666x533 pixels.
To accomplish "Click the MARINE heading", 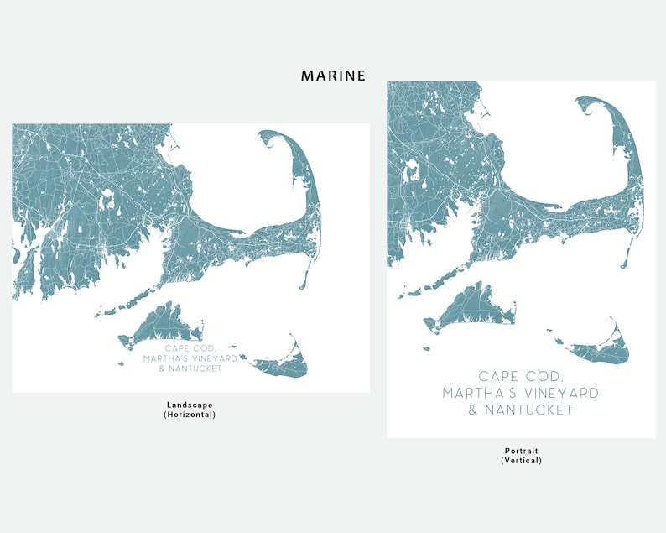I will tap(333, 76).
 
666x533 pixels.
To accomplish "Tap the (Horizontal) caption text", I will tap(190, 415).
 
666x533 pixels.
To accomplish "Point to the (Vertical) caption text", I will tap(521, 460).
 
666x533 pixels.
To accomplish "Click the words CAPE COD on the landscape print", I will tap(190, 348).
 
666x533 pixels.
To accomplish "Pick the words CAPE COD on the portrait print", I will tap(521, 377).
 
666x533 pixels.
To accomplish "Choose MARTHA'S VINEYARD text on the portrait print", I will tap(521, 393).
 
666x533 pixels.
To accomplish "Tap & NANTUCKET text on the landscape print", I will tap(190, 368).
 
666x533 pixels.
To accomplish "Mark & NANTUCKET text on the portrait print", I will tap(521, 410).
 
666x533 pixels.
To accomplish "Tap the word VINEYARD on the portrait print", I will tap(557, 393).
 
